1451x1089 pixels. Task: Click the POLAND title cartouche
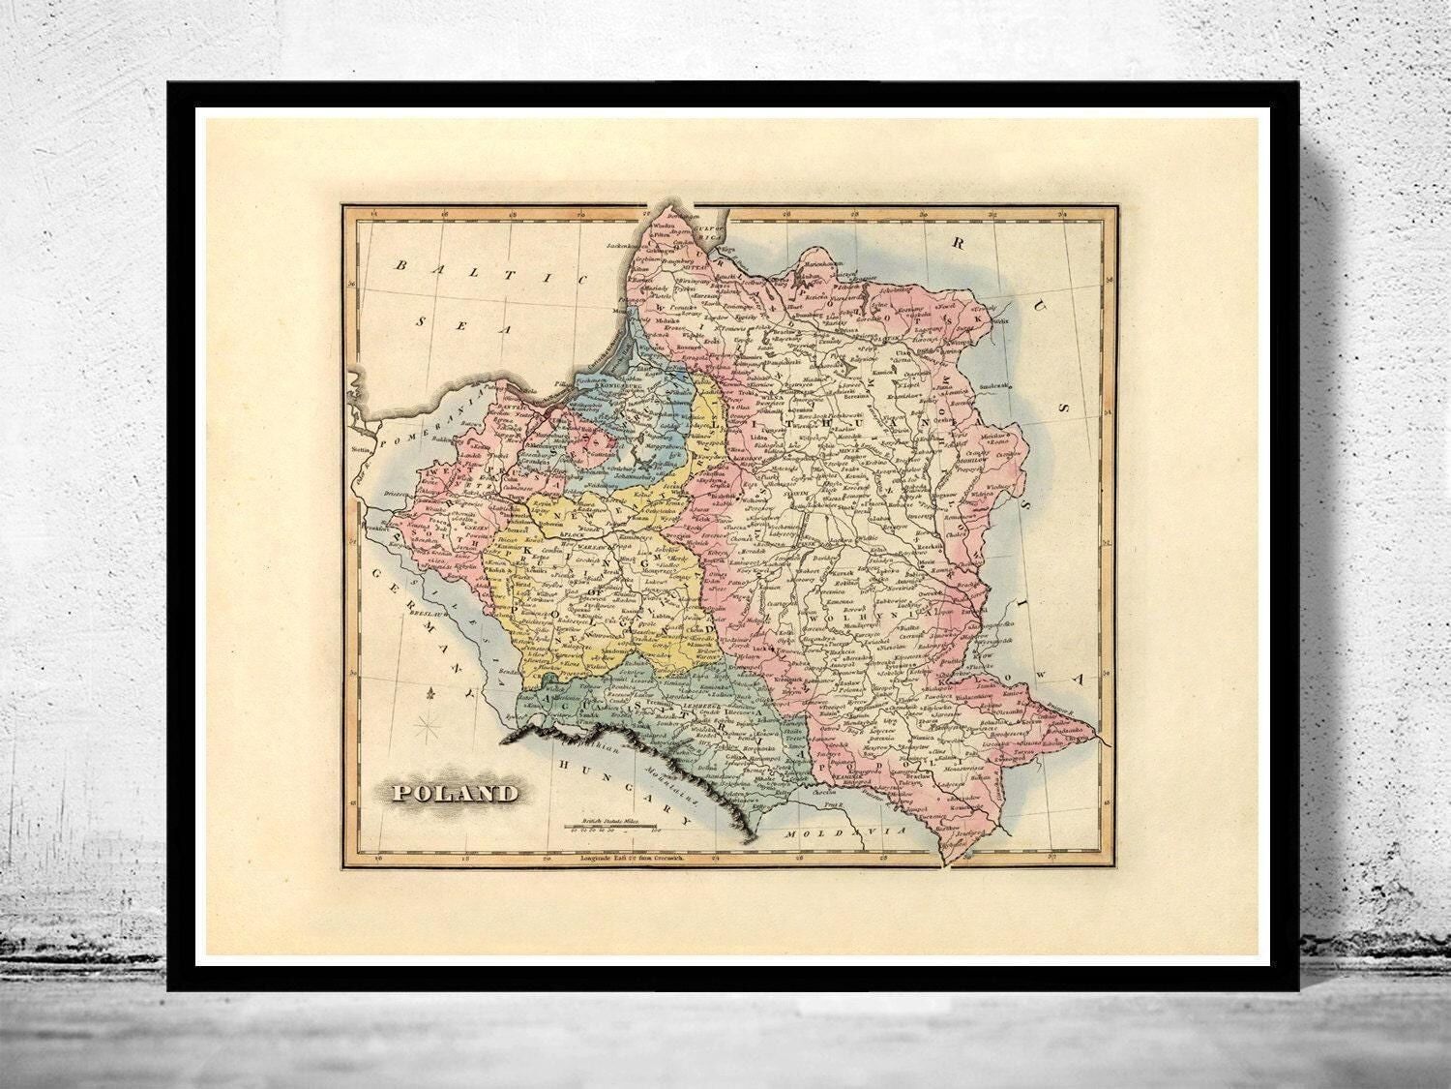click(453, 794)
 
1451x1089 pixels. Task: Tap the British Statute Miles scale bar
click(613, 827)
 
